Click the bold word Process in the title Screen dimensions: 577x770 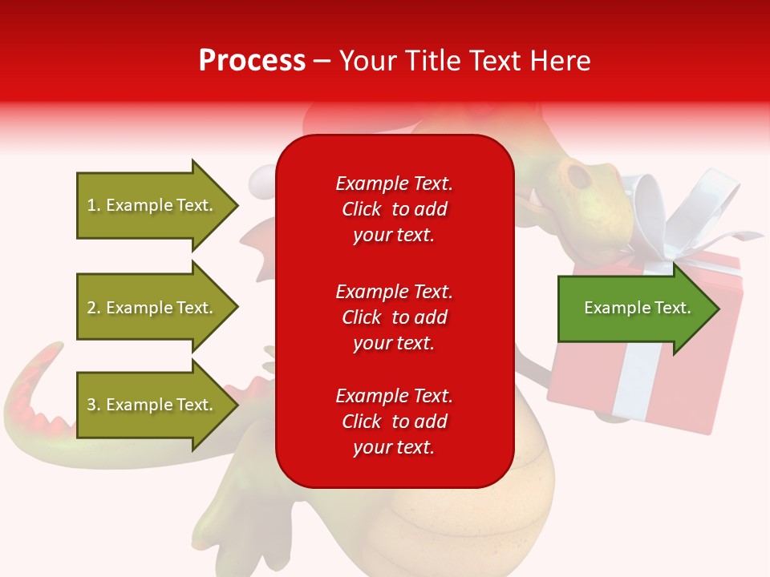(252, 61)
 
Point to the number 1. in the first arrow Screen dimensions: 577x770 (94, 205)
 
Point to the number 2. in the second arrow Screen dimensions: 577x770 (94, 308)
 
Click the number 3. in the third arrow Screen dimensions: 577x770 (94, 405)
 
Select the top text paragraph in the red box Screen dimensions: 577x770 (394, 209)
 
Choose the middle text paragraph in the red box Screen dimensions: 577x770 (394, 317)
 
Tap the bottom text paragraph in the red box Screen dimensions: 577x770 (394, 422)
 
